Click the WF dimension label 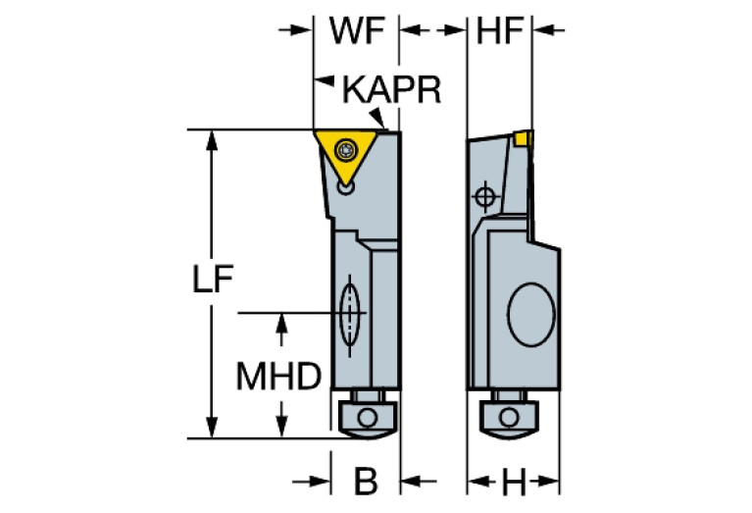(357, 31)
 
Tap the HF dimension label (499, 31)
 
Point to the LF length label (213, 279)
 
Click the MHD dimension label (278, 377)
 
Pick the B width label (366, 481)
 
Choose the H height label (514, 482)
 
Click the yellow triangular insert (344, 153)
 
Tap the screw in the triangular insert (345, 150)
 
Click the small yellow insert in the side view (523, 138)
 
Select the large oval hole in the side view (530, 314)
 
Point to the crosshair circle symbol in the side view (485, 196)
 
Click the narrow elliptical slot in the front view (350, 314)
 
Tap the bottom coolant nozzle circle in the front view (368, 416)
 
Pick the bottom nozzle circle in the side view (509, 417)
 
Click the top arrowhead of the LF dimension (212, 140)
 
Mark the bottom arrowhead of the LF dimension (212, 428)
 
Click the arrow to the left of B (311, 481)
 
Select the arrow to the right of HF (549, 30)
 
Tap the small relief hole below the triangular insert (345, 187)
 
